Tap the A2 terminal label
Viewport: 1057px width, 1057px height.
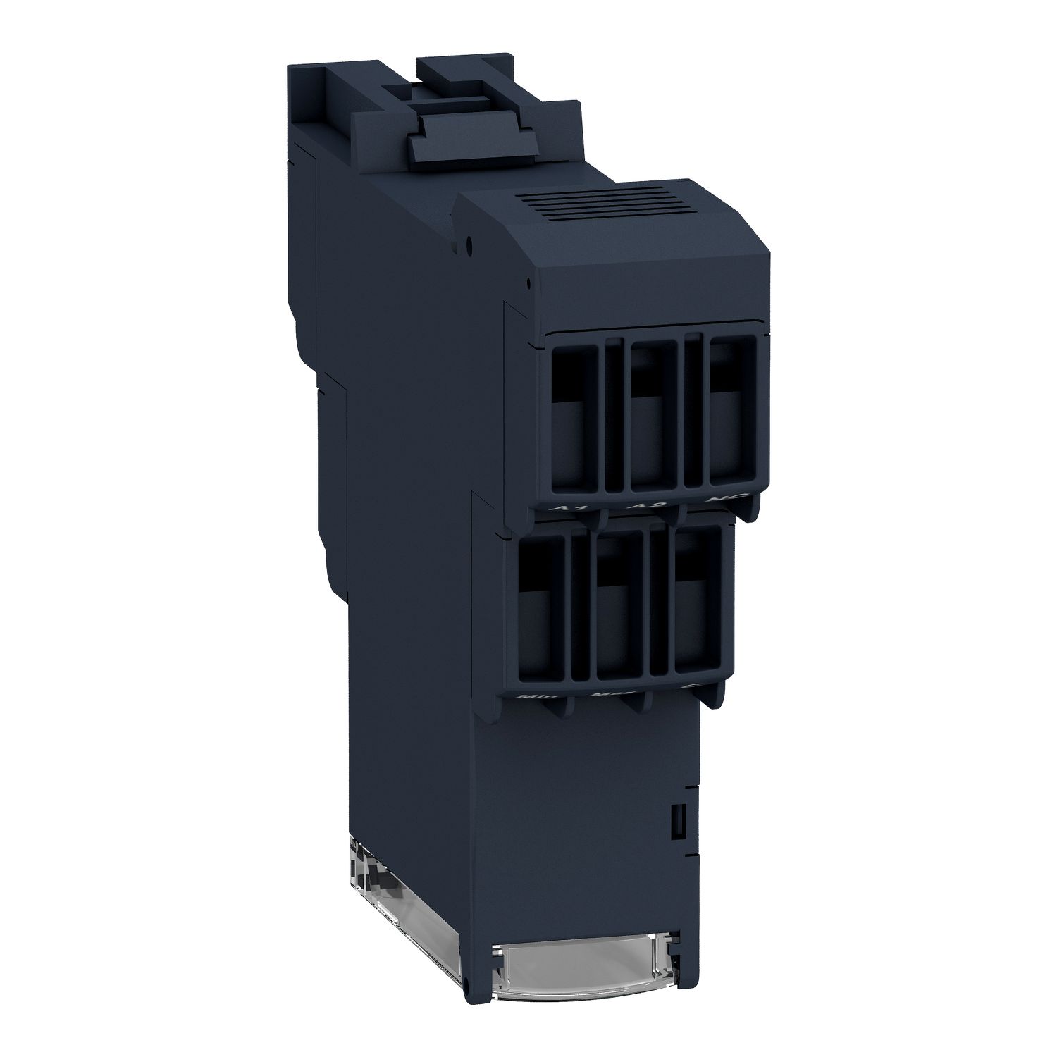click(638, 507)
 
